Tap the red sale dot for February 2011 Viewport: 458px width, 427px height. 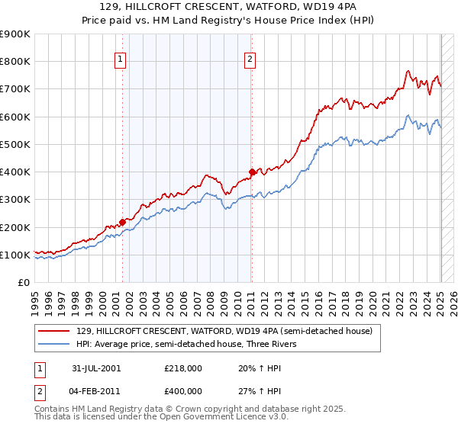point(252,172)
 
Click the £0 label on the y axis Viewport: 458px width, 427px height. point(24,282)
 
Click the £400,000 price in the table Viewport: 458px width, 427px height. point(183,391)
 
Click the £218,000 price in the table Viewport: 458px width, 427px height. point(183,368)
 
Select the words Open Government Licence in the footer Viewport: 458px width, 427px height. point(182,418)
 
